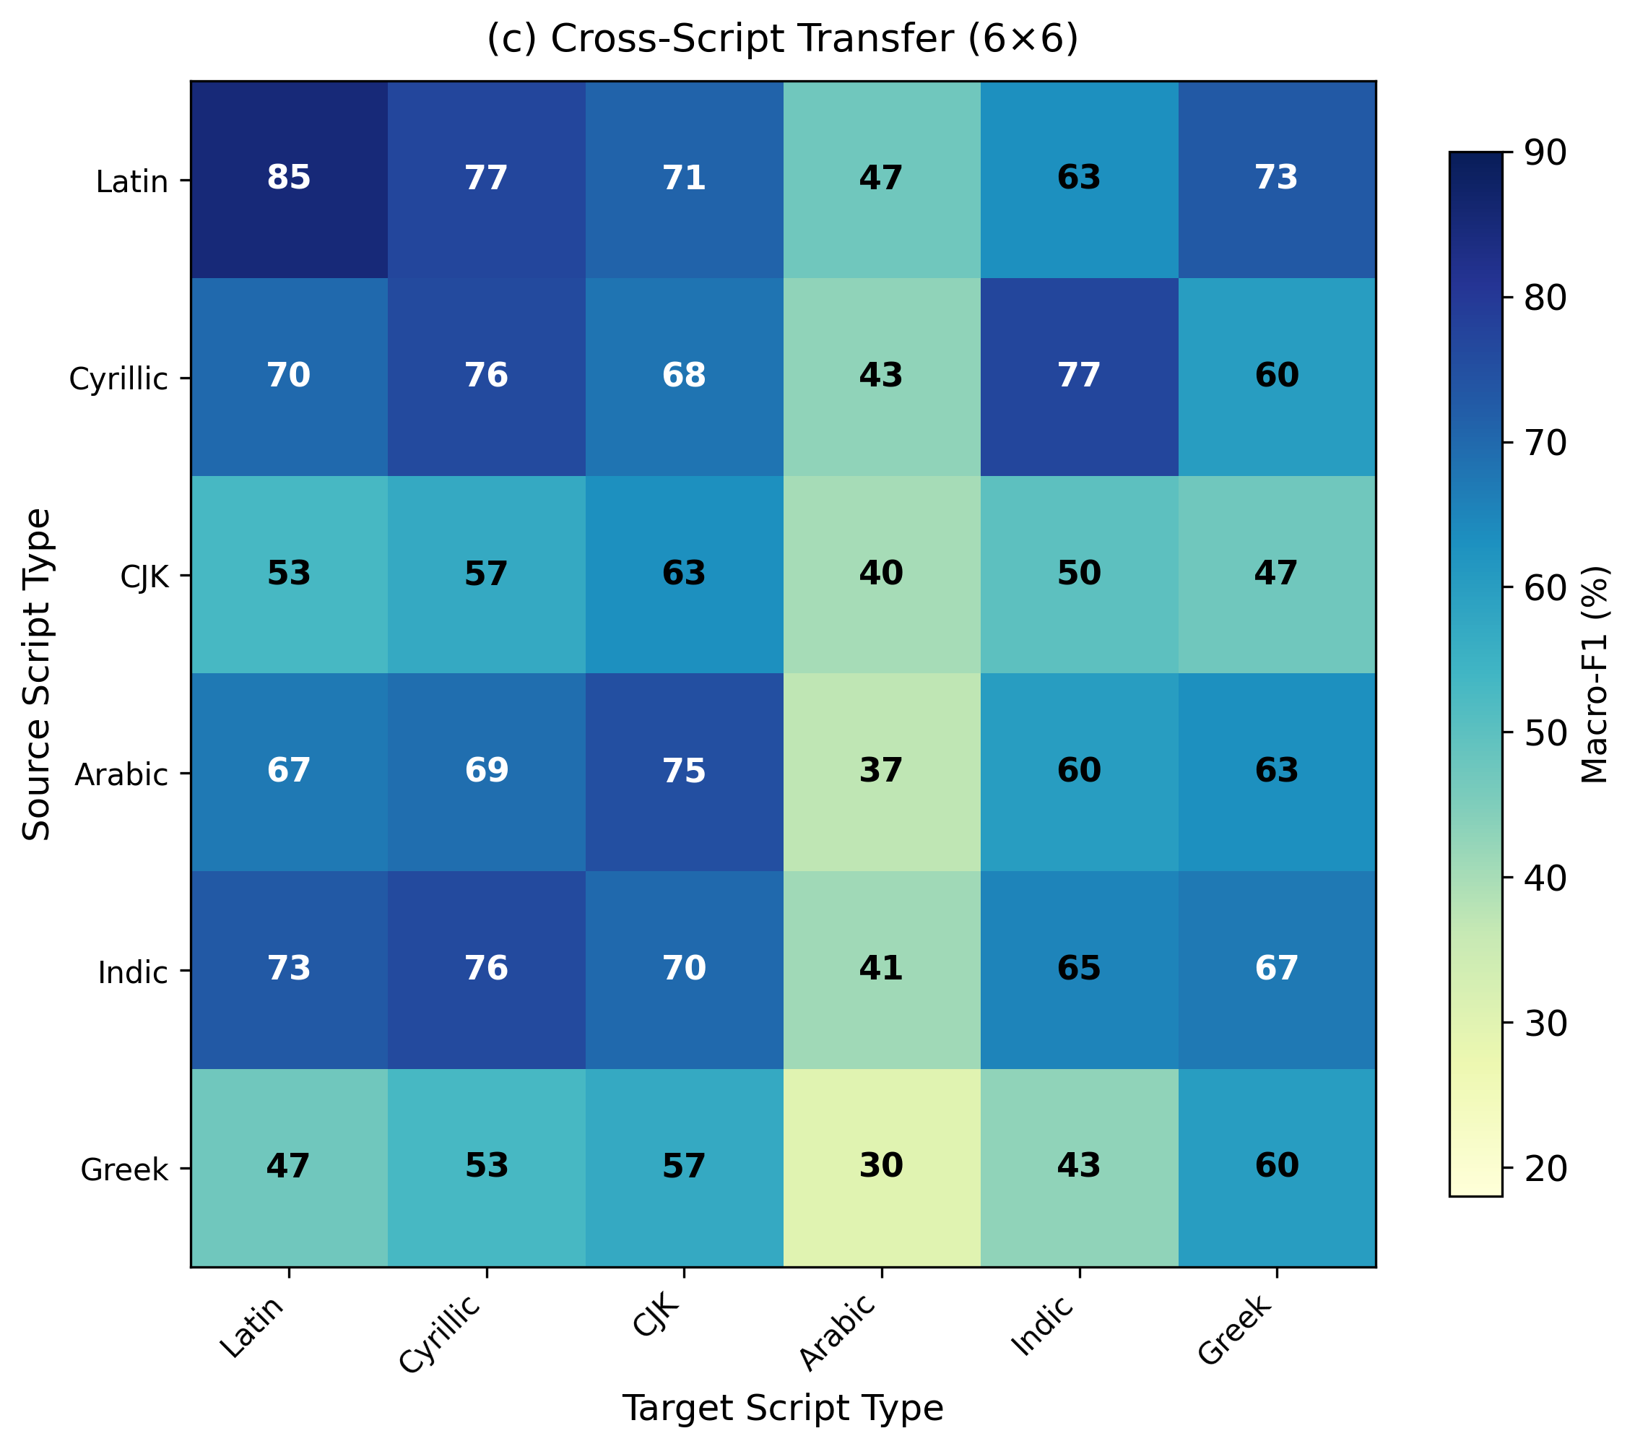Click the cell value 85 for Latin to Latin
click(x=289, y=178)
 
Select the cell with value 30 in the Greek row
click(x=882, y=1166)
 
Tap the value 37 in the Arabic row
click(x=882, y=771)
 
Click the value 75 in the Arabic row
click(x=684, y=771)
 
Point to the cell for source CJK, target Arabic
click(x=882, y=573)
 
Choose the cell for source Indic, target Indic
click(x=1079, y=968)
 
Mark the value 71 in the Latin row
click(x=684, y=178)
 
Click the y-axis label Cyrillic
click(x=118, y=379)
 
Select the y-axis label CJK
click(x=144, y=576)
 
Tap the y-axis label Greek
click(x=125, y=1169)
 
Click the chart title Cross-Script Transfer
click(x=782, y=40)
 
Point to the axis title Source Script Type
click(x=37, y=674)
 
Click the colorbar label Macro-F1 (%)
click(x=1595, y=674)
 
